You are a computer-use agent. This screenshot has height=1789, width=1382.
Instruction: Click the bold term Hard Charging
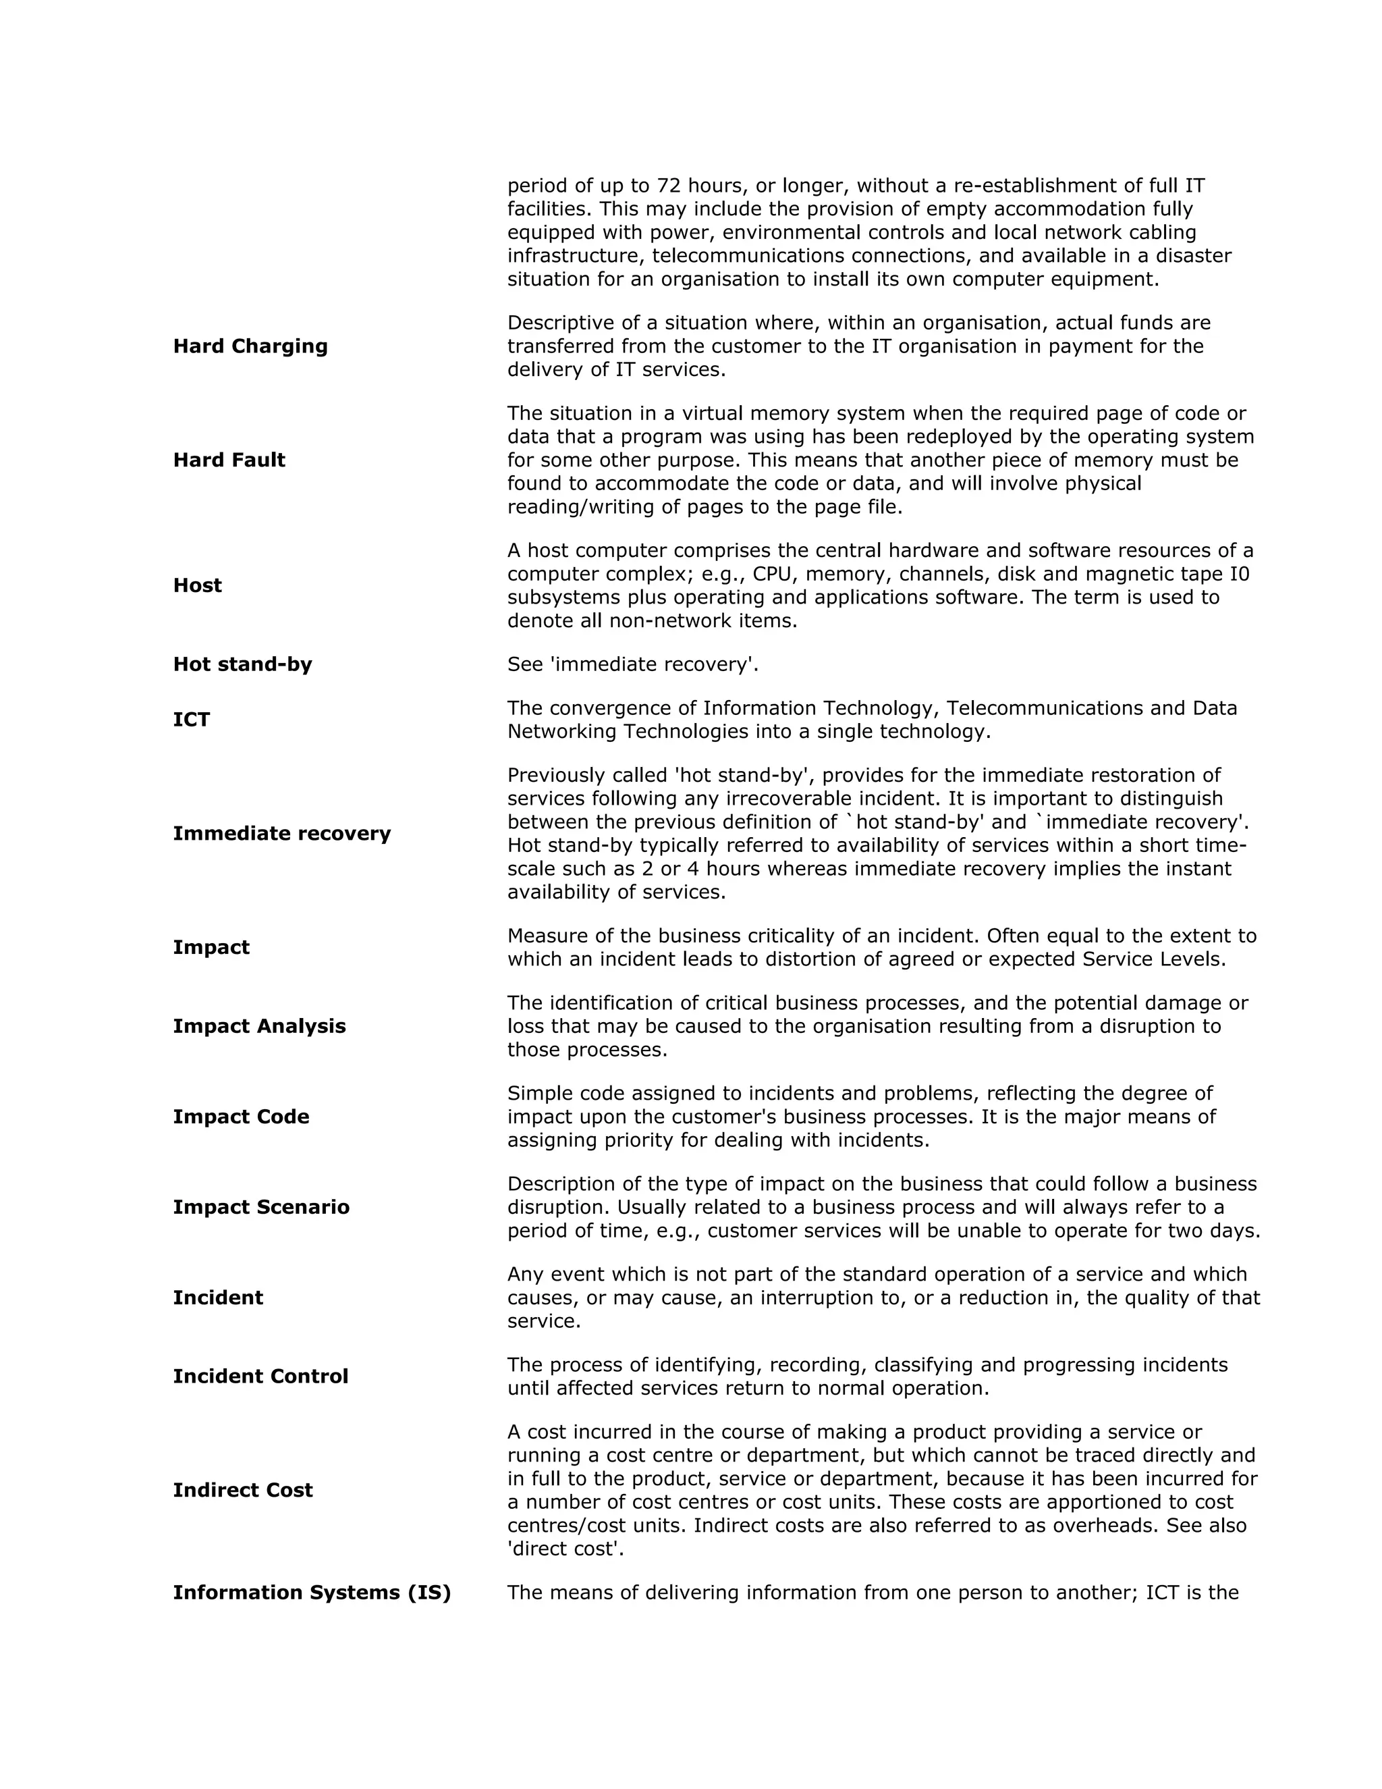250,346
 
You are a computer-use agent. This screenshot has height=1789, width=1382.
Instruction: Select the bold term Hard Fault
229,460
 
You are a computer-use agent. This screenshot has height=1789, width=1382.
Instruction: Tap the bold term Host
197,586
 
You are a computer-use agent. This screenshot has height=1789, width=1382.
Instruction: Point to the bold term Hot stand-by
242,664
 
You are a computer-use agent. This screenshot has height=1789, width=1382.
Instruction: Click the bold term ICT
192,720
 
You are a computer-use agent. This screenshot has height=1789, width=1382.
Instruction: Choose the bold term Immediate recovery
281,834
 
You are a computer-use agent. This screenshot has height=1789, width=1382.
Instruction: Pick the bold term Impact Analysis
258,1026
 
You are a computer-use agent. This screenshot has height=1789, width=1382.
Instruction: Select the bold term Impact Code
241,1117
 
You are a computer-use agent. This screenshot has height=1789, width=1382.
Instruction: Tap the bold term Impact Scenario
260,1208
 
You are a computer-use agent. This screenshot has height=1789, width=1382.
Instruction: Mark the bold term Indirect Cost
242,1490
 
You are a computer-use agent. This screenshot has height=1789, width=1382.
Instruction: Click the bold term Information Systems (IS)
312,1593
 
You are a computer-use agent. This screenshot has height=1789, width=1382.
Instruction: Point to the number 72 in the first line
669,186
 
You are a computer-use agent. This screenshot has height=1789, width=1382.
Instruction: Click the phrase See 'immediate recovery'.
632,664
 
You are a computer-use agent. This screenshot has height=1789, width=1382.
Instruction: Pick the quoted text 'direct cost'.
565,1549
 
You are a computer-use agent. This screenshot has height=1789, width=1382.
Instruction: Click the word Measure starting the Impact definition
545,936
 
